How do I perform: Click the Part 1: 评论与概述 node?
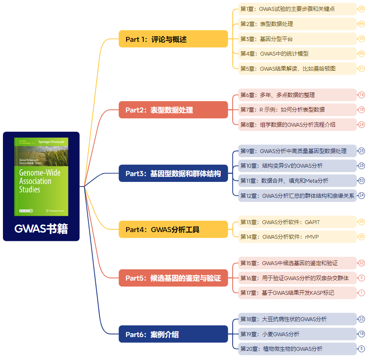tap(173, 39)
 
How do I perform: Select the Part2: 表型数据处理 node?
tap(173, 110)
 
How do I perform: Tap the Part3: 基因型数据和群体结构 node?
tap(173, 174)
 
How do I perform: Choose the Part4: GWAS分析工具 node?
tap(173, 230)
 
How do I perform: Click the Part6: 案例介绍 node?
tap(173, 334)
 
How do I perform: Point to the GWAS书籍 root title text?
tap(41, 229)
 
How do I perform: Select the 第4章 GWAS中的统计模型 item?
tap(297, 54)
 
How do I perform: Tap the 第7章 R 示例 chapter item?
tap(297, 110)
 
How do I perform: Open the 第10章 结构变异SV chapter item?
tap(297, 166)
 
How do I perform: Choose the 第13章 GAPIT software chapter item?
tap(297, 222)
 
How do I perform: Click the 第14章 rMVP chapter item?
tap(297, 237)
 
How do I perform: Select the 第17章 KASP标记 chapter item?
tap(297, 293)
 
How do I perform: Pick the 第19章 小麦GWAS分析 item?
tap(297, 334)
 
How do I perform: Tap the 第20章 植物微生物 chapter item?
tap(297, 349)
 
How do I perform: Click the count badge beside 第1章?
tap(362, 9)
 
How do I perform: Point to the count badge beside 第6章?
tap(362, 95)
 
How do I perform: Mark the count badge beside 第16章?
tap(362, 278)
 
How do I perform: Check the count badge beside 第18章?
tap(362, 319)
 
